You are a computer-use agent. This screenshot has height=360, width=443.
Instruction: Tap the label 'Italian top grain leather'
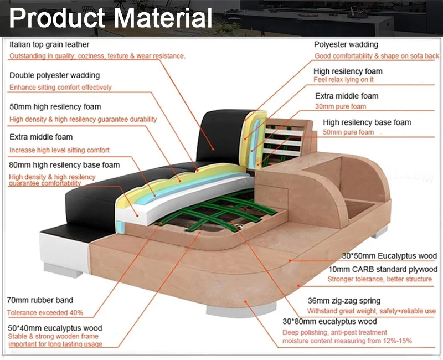point(49,44)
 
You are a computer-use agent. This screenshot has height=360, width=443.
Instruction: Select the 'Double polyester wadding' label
point(54,75)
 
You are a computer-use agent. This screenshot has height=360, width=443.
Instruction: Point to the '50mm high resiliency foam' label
point(55,106)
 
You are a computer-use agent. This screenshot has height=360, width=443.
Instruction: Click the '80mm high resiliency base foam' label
point(64,164)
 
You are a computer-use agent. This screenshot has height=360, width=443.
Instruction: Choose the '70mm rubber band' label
point(40,300)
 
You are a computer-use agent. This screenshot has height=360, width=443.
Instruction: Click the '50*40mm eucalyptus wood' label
point(55,328)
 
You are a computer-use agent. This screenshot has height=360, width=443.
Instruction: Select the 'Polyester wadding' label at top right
point(346,44)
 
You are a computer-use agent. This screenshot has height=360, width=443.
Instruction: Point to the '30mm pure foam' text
point(341,106)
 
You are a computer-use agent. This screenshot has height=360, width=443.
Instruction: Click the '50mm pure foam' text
point(348,133)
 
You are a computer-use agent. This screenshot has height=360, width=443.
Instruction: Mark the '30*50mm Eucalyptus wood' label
point(389,256)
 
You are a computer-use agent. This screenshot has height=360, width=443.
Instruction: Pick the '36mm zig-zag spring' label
point(344,301)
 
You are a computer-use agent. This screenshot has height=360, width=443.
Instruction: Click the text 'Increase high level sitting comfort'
point(59,150)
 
